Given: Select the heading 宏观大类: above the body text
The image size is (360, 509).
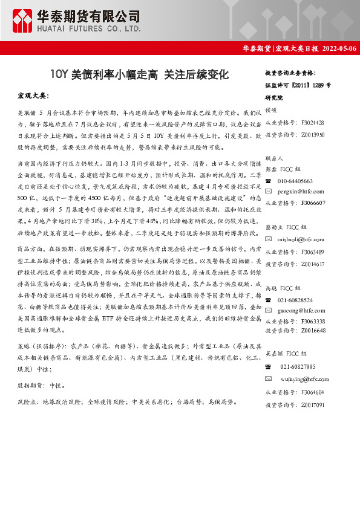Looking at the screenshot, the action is tap(34, 96).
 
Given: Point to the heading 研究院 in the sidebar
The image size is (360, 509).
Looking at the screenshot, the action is tap(274, 96).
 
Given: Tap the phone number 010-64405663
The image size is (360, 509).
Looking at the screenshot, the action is tap(295, 181).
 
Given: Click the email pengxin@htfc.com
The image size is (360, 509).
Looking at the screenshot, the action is tap(301, 192).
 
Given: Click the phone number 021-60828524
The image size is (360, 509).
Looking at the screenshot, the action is tap(295, 300).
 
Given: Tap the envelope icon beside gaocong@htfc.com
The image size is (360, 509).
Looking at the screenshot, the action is tap(269, 310).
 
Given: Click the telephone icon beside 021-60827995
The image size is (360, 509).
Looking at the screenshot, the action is tap(269, 366).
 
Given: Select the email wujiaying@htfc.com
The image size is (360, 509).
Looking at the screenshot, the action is tap(304, 378).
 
